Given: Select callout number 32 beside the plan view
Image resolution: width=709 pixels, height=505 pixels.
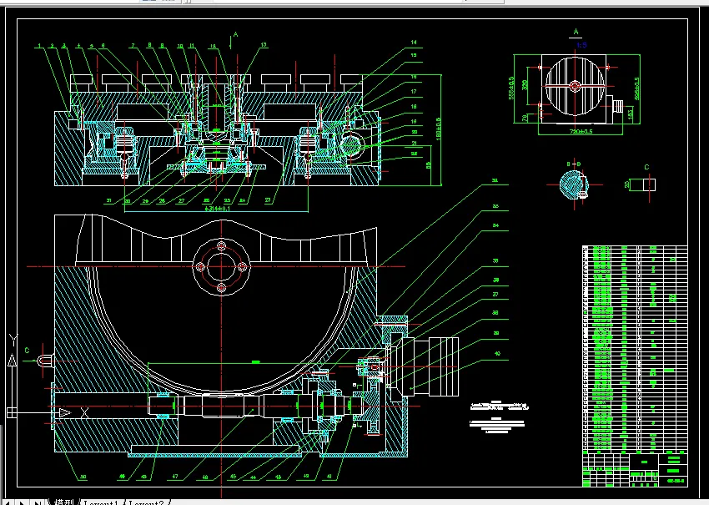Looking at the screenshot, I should click(495, 180).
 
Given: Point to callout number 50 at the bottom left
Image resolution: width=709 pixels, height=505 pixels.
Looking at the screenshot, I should click(83, 478).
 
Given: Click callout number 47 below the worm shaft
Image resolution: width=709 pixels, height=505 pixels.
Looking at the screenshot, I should click(174, 478).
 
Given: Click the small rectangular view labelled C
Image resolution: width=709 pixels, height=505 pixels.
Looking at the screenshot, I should click(647, 185).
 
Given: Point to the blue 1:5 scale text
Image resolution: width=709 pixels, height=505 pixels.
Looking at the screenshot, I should click(581, 44).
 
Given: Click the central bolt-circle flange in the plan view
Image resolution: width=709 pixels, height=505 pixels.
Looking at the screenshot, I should click(221, 267).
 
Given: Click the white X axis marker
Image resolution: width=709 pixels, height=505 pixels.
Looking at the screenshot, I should click(84, 412).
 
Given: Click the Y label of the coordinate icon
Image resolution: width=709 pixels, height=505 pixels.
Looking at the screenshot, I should click(11, 338).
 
